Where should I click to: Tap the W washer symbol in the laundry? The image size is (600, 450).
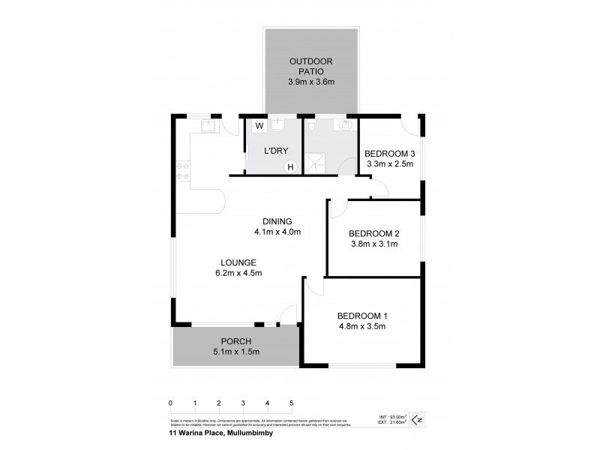click(x=259, y=125)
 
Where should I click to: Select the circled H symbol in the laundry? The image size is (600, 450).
click(x=291, y=166)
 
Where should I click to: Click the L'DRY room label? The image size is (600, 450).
click(x=276, y=151)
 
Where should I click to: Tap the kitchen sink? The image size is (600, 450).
click(x=208, y=127)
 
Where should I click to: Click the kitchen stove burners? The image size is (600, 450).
click(x=181, y=171)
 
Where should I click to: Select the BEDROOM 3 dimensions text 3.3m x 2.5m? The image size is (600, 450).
click(x=389, y=164)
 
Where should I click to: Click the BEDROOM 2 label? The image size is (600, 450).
click(x=373, y=232)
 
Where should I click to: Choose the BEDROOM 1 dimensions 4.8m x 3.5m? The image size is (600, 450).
click(x=361, y=326)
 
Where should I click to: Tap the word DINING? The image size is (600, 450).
click(x=277, y=220)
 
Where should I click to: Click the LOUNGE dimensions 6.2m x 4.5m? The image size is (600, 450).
click(x=238, y=273)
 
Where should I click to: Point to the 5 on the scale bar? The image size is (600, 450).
click(x=291, y=403)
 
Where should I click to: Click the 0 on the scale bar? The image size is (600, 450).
click(x=171, y=403)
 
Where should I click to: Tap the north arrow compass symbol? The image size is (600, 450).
click(x=419, y=419)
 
